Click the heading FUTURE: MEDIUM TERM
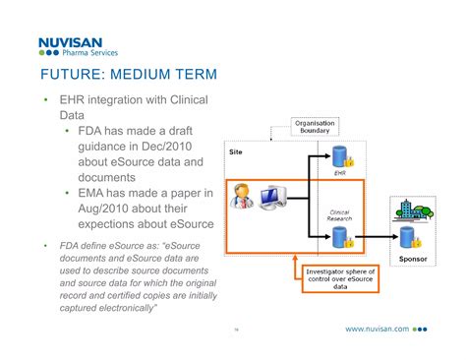[128, 76]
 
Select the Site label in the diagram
[236, 153]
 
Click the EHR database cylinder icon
[340, 156]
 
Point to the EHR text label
[340, 174]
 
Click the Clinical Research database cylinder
[340, 237]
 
